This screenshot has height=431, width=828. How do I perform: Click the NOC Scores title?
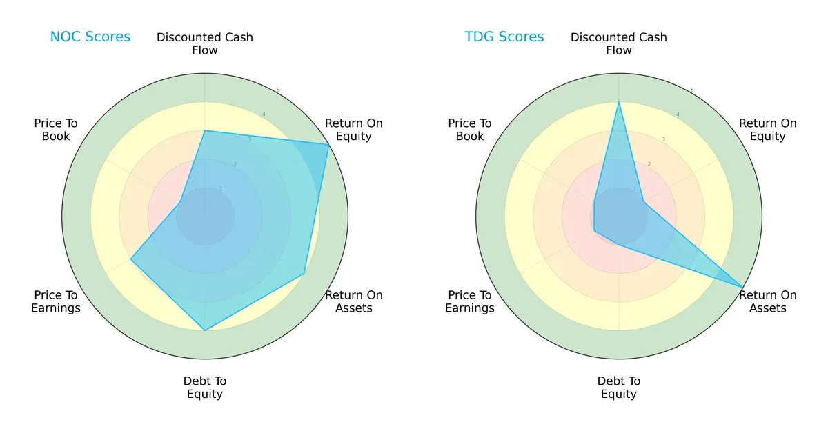(90, 37)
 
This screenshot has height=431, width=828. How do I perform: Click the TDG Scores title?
(504, 37)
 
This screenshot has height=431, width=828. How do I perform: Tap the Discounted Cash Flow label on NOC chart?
(205, 43)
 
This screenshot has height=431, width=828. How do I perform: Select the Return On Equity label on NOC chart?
(353, 130)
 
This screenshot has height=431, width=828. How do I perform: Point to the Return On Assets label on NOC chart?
(353, 301)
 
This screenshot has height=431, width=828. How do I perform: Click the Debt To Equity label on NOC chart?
(205, 388)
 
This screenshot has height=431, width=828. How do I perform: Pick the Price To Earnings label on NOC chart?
(56, 301)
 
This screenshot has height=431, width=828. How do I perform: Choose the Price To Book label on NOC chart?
(56, 130)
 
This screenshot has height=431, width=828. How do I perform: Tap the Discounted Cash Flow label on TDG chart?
(619, 43)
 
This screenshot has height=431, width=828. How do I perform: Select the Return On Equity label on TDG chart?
(767, 130)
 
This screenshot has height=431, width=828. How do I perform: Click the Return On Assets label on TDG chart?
(767, 301)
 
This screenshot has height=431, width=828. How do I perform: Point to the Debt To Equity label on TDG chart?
(619, 388)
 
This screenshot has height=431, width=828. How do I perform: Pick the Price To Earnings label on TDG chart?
(470, 301)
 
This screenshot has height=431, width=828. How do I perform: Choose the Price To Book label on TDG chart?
(470, 130)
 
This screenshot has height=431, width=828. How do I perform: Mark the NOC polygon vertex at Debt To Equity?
(205, 330)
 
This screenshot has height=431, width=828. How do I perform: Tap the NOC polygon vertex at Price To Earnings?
(131, 259)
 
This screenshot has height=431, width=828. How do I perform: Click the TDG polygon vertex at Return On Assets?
(742, 287)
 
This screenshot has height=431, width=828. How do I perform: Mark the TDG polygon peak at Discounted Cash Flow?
(619, 102)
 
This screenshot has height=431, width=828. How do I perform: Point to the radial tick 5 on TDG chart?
(691, 90)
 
